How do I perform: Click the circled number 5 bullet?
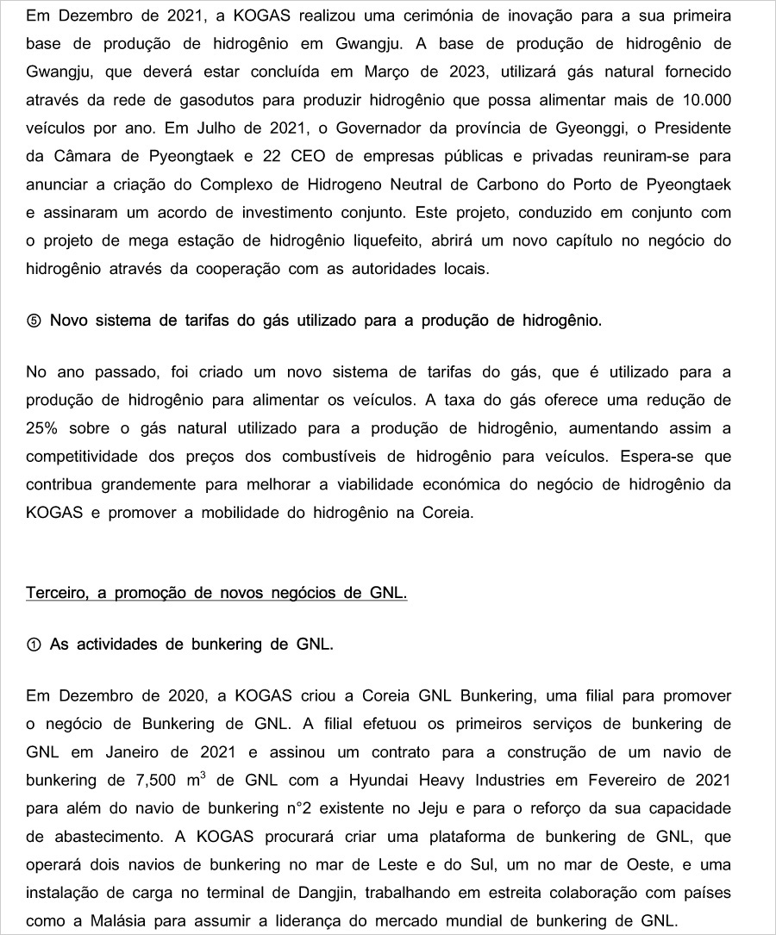[x=34, y=321]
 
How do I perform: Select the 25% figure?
[x=43, y=428]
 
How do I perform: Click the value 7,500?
[x=158, y=781]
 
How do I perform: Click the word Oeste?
[x=595, y=864]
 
